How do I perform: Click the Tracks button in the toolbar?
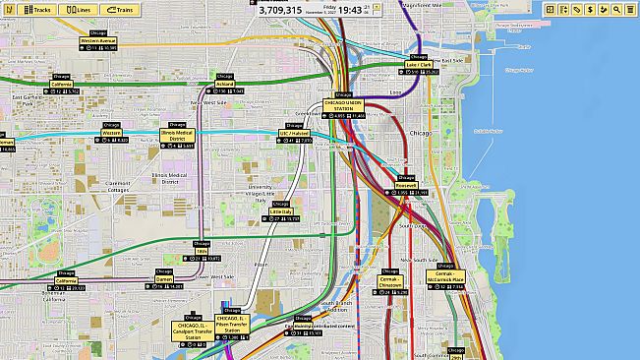(36, 9)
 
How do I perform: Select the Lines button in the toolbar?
(78, 9)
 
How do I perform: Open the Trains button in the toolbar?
(120, 9)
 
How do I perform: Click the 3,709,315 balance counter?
(280, 10)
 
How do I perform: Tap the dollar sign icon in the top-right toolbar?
(590, 9)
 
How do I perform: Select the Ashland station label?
(224, 84)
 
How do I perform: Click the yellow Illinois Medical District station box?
(178, 137)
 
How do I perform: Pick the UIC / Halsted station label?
(294, 133)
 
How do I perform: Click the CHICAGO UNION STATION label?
(343, 105)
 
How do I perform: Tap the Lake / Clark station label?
(419, 64)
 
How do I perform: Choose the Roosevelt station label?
(406, 185)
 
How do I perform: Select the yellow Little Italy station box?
(281, 210)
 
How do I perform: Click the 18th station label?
(202, 251)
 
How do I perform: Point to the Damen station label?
(164, 278)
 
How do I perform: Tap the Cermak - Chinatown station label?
(390, 280)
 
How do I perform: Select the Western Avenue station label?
(98, 40)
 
